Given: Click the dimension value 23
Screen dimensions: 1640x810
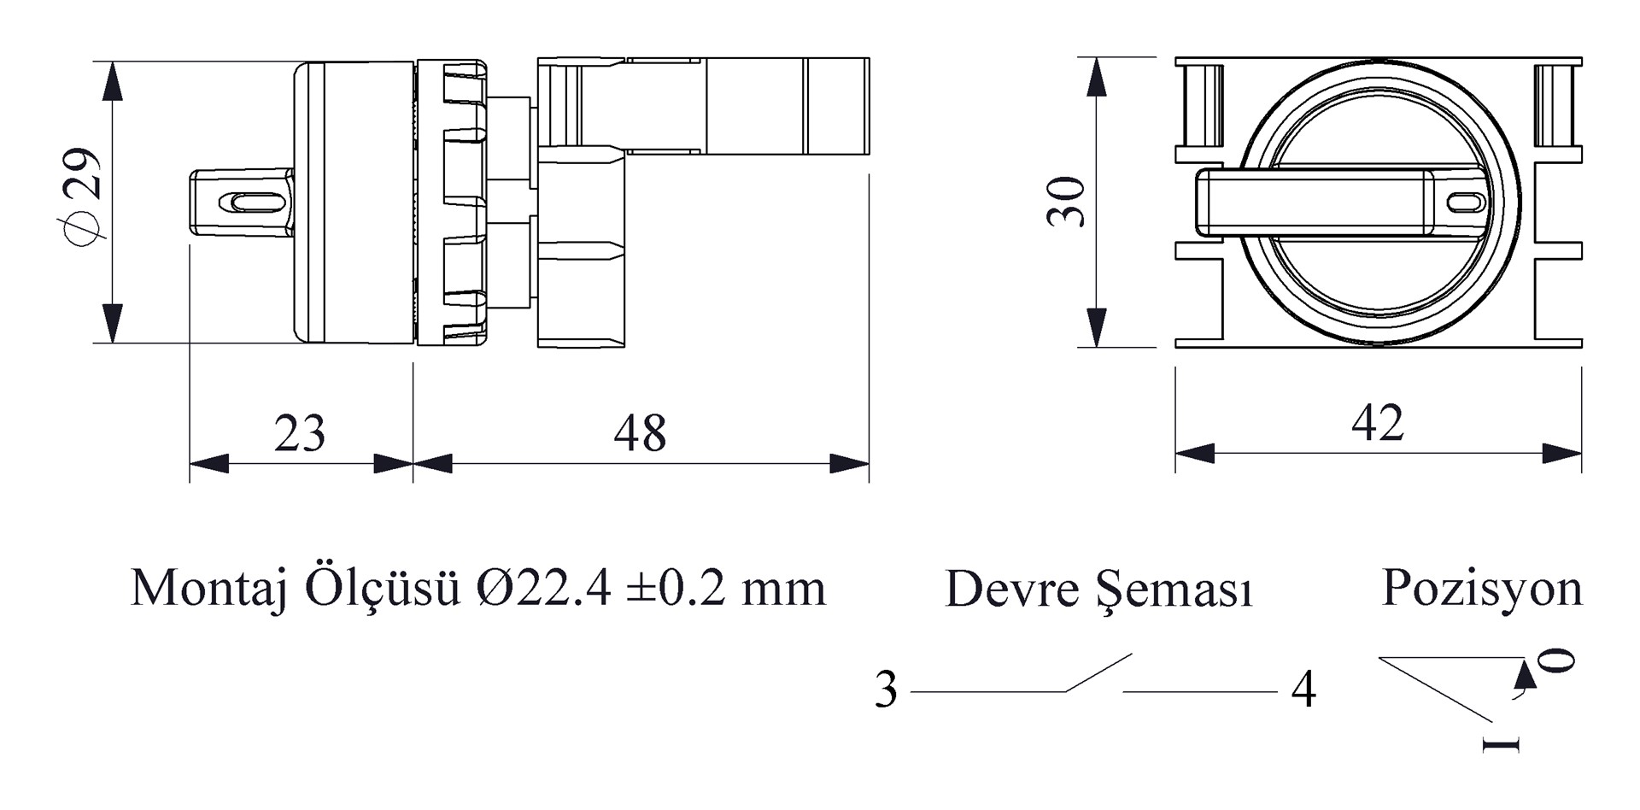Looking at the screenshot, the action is pyautogui.click(x=299, y=433).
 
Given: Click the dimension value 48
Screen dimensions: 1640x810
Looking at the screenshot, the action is pyautogui.click(x=640, y=433).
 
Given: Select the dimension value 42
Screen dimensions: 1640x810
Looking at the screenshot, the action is pyautogui.click(x=1377, y=423).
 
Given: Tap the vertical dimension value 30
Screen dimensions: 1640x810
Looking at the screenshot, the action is pyautogui.click(x=1066, y=202).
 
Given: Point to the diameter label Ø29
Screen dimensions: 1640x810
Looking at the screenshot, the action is pyautogui.click(x=83, y=197).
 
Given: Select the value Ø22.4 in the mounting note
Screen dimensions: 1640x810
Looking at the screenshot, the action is pyautogui.click(x=545, y=588).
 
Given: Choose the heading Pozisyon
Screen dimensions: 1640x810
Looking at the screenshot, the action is pyautogui.click(x=1482, y=589).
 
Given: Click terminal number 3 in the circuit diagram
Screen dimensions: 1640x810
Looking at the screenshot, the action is pyautogui.click(x=886, y=690).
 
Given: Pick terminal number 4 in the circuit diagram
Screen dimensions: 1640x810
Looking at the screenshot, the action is pyautogui.click(x=1303, y=690).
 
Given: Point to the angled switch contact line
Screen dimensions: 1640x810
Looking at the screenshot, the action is pyautogui.click(x=1098, y=672).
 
